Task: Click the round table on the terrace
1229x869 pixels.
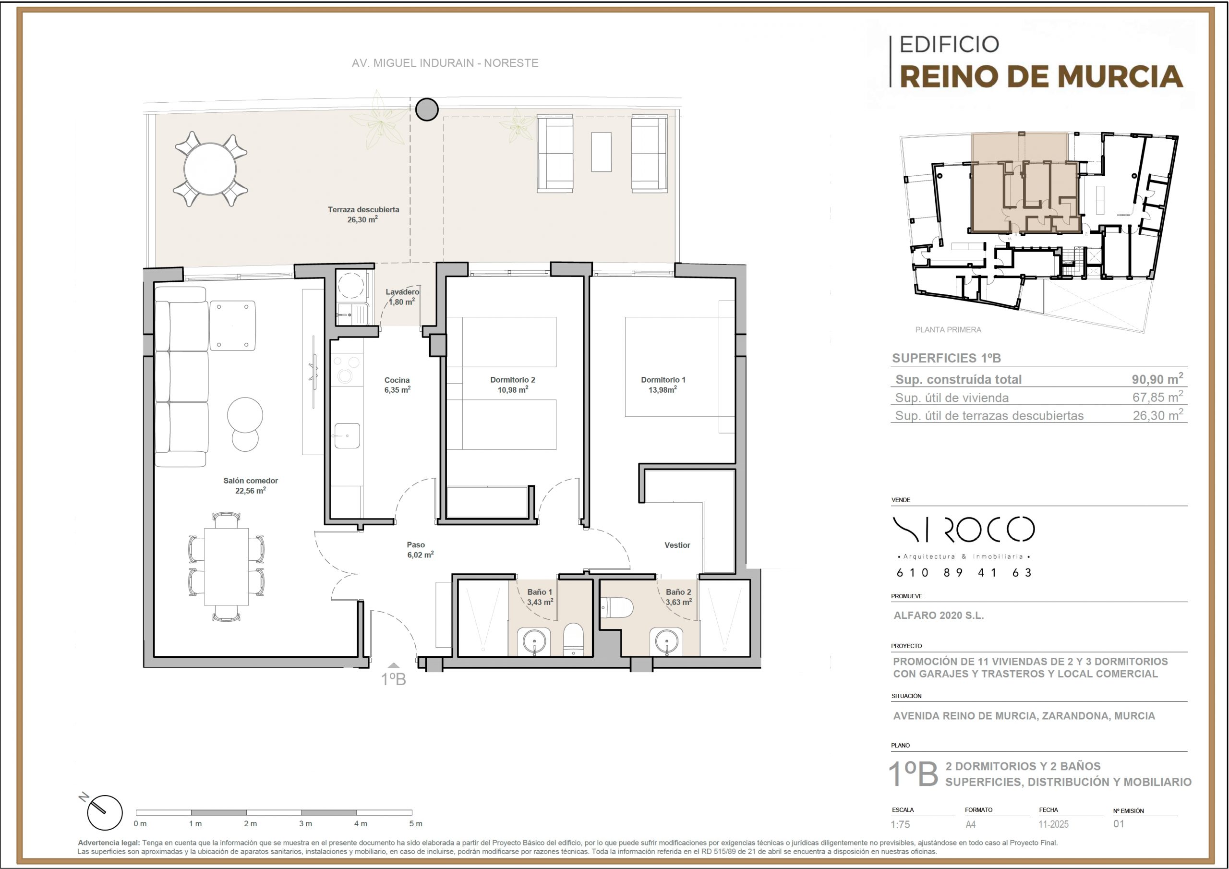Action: click(x=210, y=169)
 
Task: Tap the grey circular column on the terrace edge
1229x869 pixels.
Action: click(x=427, y=110)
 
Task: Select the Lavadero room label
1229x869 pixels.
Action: click(x=402, y=292)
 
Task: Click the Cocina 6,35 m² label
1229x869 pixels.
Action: click(x=397, y=385)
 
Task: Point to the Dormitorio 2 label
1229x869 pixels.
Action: click(x=512, y=380)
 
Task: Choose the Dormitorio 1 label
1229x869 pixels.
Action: click(x=663, y=380)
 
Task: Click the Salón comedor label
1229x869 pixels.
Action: click(x=251, y=481)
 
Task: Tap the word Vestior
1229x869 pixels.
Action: click(x=677, y=545)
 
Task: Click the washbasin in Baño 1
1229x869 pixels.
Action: click(x=534, y=641)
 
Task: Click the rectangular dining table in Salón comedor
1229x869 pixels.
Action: click(x=227, y=567)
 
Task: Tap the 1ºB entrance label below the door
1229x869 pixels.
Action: click(x=394, y=679)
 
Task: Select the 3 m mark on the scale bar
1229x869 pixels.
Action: click(x=306, y=823)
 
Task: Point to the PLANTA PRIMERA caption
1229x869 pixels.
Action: click(x=948, y=330)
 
